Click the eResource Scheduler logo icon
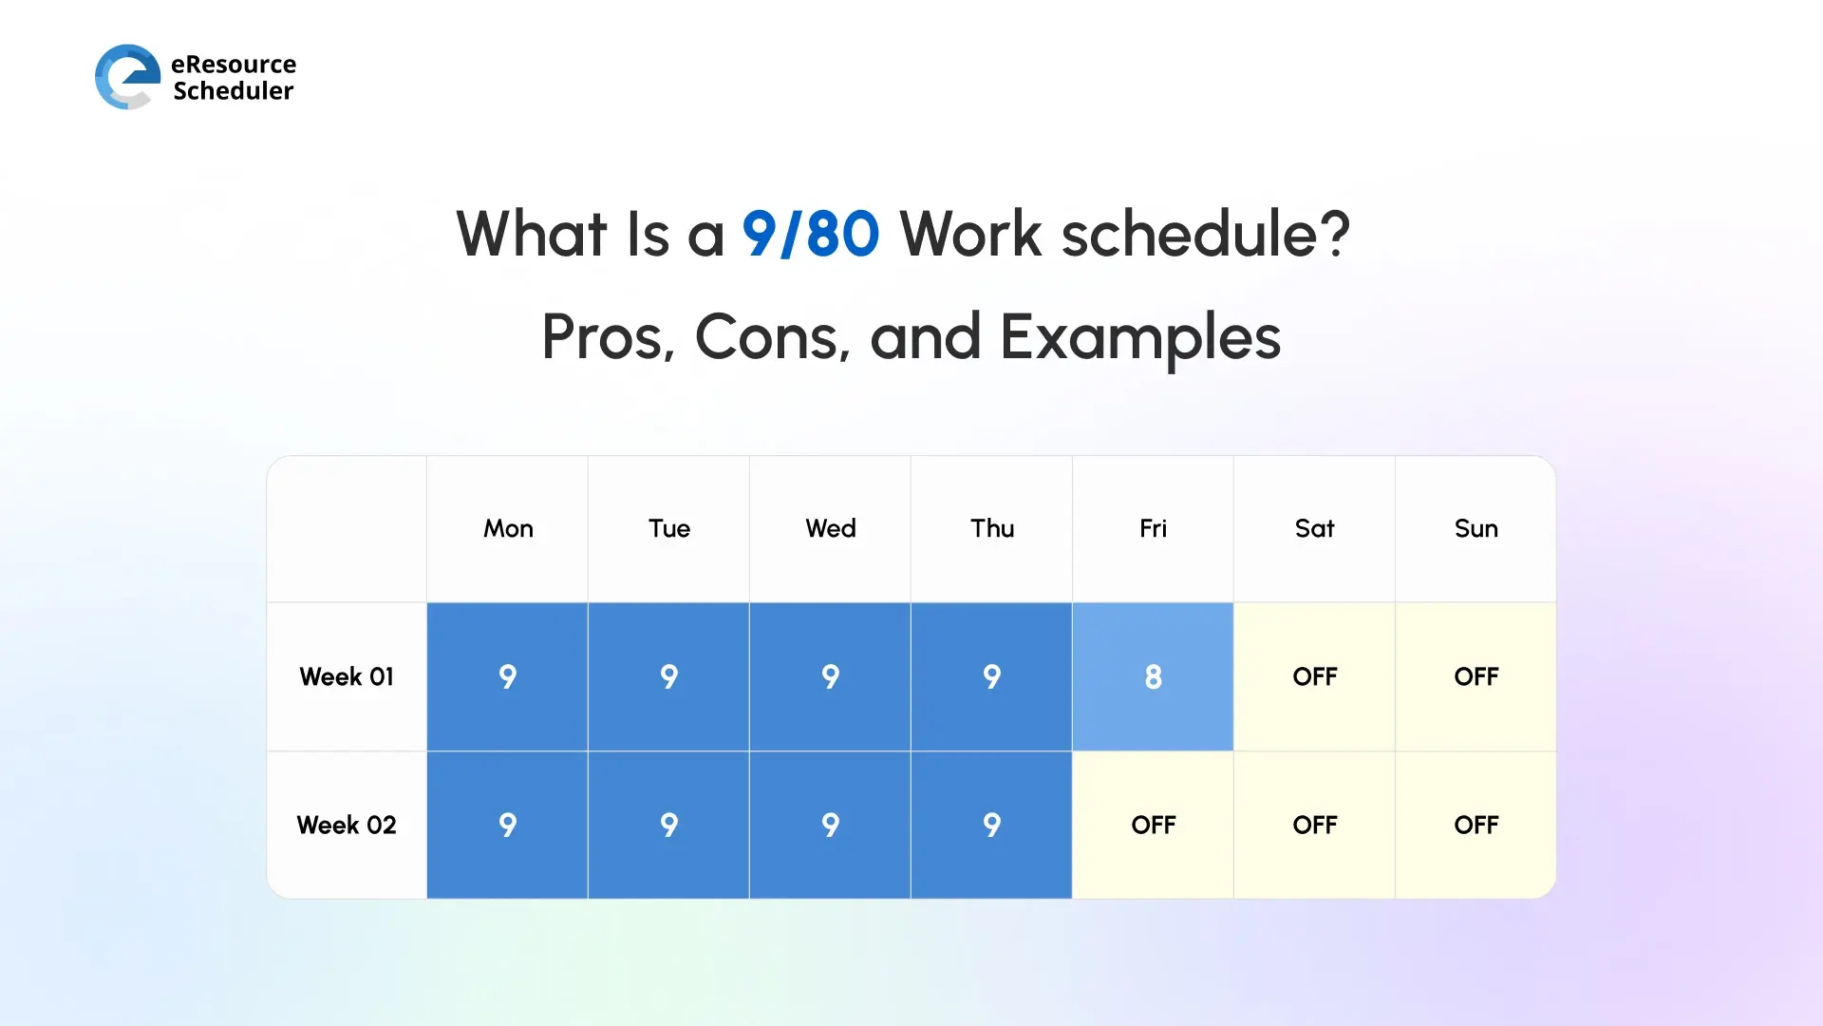pos(127,76)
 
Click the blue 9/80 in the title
pos(810,234)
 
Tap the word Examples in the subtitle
pos(1139,337)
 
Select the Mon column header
pos(508,528)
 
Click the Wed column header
pos(831,528)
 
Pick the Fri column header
pos(1153,528)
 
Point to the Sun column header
pos(1475,528)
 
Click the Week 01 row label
pos(347,676)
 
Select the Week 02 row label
pos(347,825)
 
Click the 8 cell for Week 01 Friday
pos(1153,676)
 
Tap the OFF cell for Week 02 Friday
pos(1153,825)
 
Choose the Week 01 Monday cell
pos(508,676)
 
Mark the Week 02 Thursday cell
pos(991,825)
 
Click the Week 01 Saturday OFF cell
pos(1314,676)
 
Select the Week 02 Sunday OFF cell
pos(1475,825)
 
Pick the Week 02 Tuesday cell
pos(669,825)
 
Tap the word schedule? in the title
pos(1205,234)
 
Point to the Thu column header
pos(991,528)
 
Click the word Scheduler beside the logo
pos(234,91)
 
